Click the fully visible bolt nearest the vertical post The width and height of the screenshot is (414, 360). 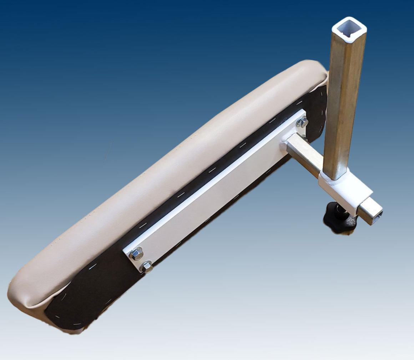click(x=302, y=122)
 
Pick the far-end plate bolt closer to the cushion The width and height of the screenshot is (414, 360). click(x=136, y=254)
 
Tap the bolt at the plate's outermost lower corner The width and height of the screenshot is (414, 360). click(x=146, y=266)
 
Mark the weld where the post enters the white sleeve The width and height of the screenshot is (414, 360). click(x=334, y=178)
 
